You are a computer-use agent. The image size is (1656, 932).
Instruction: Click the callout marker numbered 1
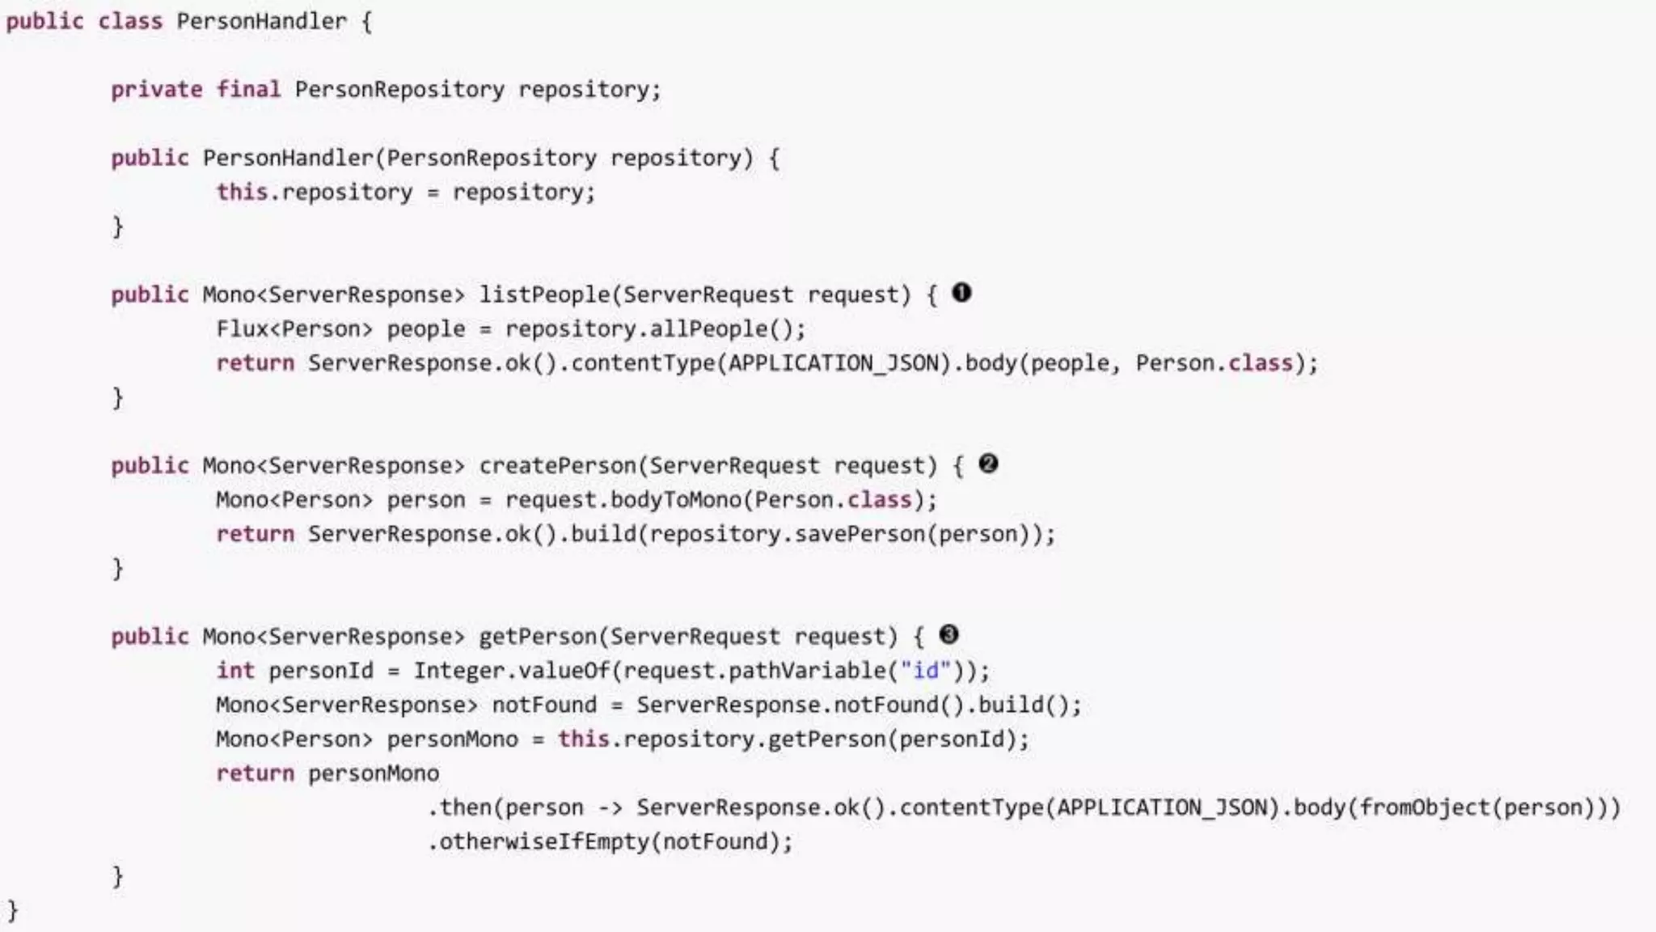click(x=961, y=293)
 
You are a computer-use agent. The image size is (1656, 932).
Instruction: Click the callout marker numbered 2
click(x=988, y=464)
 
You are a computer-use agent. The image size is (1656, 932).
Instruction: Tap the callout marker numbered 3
click(x=949, y=635)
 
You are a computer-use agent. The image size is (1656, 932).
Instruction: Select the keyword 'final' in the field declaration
click(x=248, y=89)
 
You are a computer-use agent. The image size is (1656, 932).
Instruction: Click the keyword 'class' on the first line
click(x=129, y=21)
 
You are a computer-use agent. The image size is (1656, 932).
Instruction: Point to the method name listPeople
click(x=544, y=294)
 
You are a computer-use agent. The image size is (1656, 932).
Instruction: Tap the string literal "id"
click(x=926, y=671)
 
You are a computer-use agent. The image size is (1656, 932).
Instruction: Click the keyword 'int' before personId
click(x=235, y=671)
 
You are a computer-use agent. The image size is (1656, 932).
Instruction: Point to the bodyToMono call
click(x=675, y=500)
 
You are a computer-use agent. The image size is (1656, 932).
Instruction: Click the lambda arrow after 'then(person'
click(x=610, y=808)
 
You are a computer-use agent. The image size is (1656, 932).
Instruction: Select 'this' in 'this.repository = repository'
click(x=241, y=193)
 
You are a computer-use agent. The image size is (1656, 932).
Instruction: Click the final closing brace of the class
click(x=12, y=911)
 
